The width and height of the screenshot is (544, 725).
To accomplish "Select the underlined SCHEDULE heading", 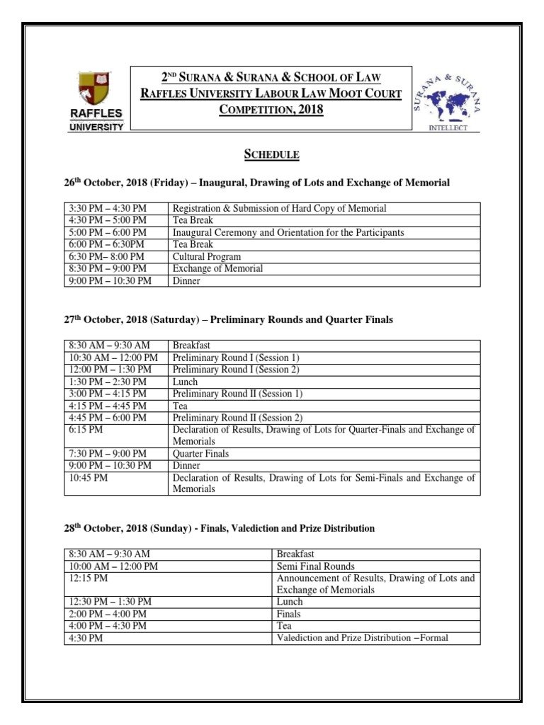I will tap(271, 154).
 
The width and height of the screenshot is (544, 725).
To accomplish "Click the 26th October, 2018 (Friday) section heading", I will tap(256, 183).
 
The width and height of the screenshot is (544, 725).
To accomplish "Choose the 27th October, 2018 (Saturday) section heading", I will tap(228, 320).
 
